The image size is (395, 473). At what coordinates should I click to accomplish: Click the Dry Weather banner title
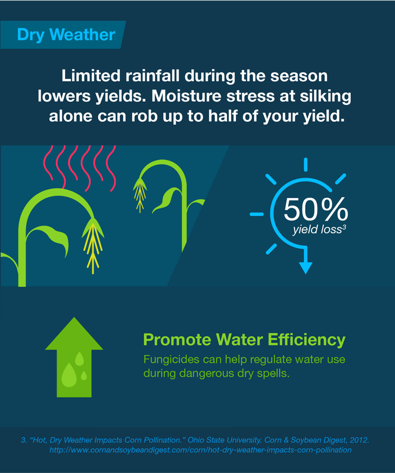click(66, 35)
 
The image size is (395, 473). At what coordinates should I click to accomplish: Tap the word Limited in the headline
click(91, 75)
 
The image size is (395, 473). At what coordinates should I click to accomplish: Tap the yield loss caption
click(317, 229)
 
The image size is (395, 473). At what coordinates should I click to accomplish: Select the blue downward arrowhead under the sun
click(306, 268)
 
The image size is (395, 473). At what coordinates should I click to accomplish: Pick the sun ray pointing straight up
click(306, 164)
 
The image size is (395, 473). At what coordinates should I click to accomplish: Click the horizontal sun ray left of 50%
click(256, 214)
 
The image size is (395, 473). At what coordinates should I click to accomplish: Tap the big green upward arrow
click(74, 357)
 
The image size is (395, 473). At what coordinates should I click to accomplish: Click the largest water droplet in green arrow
click(69, 375)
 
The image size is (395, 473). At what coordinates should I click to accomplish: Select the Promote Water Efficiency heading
click(244, 340)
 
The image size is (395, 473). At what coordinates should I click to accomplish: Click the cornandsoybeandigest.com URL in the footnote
click(200, 450)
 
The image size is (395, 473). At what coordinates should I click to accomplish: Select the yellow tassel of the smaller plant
click(140, 195)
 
